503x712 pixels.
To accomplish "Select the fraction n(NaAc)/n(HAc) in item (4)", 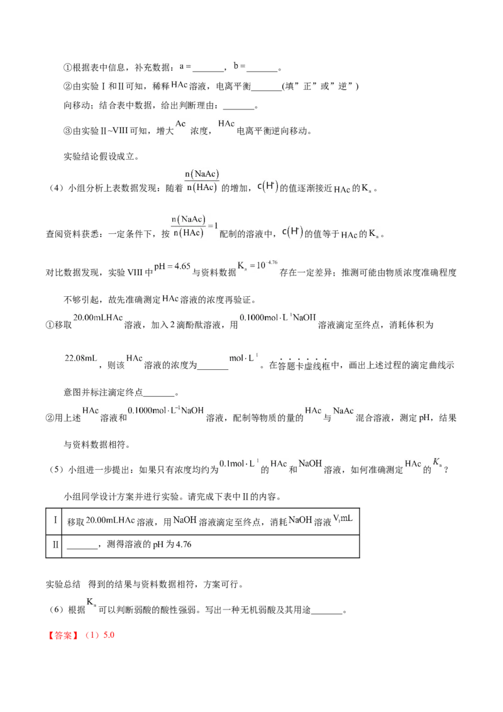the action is [x=202, y=181].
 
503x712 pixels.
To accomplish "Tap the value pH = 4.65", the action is [x=172, y=267].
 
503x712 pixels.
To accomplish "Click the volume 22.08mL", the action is [x=81, y=359].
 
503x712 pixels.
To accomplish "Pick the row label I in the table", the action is [x=55, y=520].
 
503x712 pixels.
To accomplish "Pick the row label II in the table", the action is [x=55, y=544].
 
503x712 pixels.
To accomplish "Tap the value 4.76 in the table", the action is [x=184, y=544].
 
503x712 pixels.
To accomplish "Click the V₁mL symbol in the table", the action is [x=343, y=518].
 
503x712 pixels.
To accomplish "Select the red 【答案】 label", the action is [x=64, y=635].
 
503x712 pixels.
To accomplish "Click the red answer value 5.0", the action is [x=109, y=635].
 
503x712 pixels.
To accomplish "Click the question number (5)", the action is [x=57, y=470].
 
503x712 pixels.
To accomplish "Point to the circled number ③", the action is [x=68, y=131].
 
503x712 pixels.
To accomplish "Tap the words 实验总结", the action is [x=63, y=584].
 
